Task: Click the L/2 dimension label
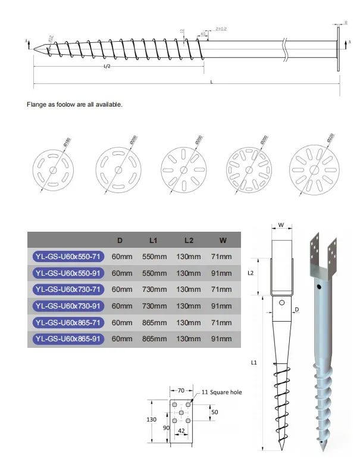[x=107, y=67]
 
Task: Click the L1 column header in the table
[x=152, y=241]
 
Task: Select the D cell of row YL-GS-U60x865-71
[x=121, y=322]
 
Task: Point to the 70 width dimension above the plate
[x=181, y=391]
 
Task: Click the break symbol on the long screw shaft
[x=287, y=45]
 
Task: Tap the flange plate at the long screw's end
[x=339, y=48]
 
